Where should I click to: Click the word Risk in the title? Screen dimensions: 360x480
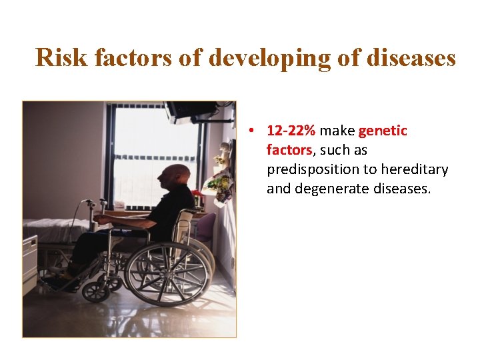click(x=62, y=57)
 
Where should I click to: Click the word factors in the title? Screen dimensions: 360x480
click(x=134, y=57)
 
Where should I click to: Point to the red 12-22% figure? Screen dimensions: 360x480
click(x=291, y=131)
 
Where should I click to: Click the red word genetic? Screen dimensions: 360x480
click(x=383, y=131)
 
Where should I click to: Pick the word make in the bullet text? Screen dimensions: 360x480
click(x=337, y=131)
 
